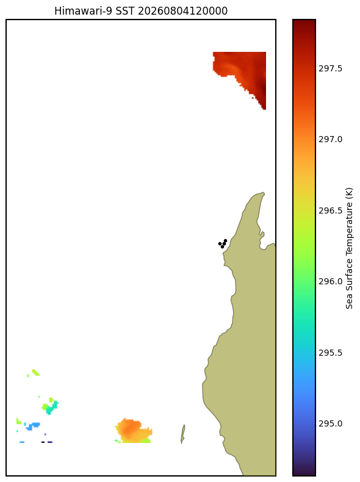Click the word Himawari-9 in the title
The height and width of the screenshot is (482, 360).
(83, 11)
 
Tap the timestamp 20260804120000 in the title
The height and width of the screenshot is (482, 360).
(182, 11)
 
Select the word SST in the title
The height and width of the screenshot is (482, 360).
(125, 11)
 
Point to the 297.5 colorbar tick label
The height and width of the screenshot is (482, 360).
(330, 68)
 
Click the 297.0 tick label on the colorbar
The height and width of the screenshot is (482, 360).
(330, 139)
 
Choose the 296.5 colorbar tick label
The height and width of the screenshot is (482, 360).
(330, 210)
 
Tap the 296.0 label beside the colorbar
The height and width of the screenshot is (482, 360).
(330, 282)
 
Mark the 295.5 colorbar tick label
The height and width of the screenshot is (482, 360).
(330, 353)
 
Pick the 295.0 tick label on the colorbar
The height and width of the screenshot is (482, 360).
(330, 423)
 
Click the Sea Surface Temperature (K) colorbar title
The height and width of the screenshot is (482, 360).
(349, 248)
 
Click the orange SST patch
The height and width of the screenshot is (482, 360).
(133, 430)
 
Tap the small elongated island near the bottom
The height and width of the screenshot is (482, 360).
(182, 434)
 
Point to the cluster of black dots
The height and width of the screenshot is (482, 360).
(223, 243)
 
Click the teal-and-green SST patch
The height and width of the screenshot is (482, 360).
(50, 406)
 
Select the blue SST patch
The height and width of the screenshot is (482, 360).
(32, 426)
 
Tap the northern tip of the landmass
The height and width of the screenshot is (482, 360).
(263, 193)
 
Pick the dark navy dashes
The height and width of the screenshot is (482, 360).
(47, 442)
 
